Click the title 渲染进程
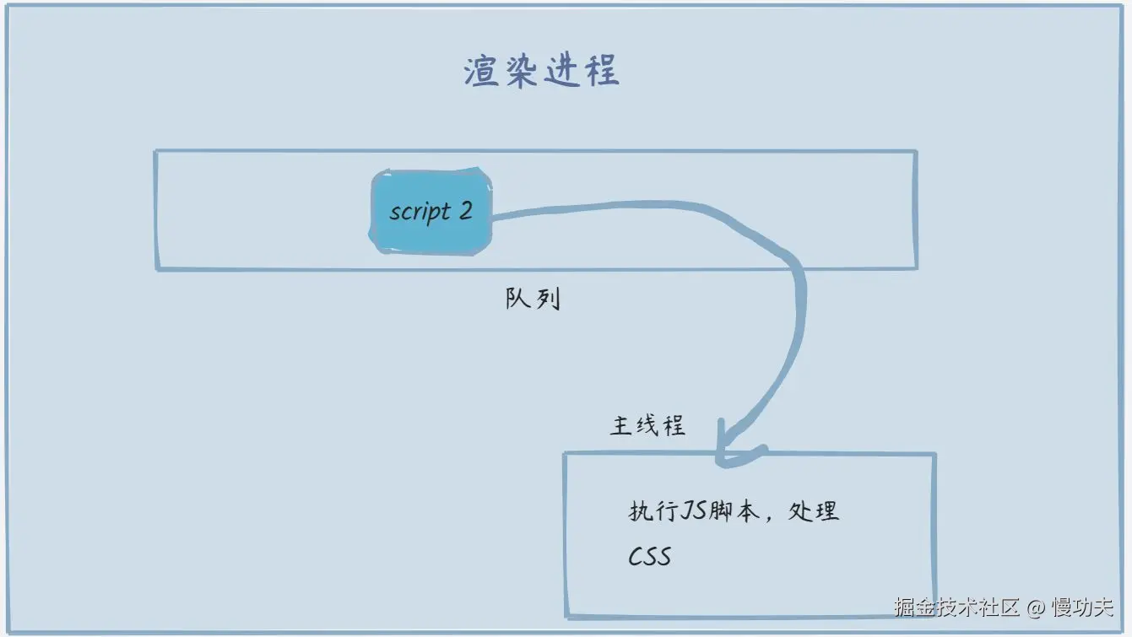pos(541,73)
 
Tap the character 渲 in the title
pos(479,73)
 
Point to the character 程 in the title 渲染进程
pos(602,73)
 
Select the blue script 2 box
pos(431,211)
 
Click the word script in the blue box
pos(420,212)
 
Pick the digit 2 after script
pos(465,210)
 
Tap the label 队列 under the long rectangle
pos(533,299)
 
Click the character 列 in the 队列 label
pos(547,299)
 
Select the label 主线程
pos(647,425)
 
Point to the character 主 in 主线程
pos(621,425)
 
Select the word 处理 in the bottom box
pos(813,511)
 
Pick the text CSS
pos(649,556)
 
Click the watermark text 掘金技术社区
pos(957,607)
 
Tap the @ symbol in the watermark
pos(1036,607)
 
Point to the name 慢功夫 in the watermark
pos(1082,607)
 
